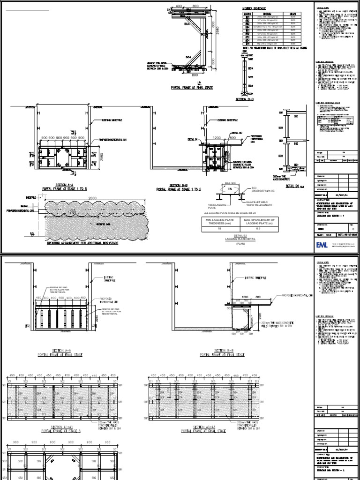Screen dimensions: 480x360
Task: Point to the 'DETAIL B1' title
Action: click(x=292, y=186)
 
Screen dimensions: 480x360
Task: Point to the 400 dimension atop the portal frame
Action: click(x=178, y=6)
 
